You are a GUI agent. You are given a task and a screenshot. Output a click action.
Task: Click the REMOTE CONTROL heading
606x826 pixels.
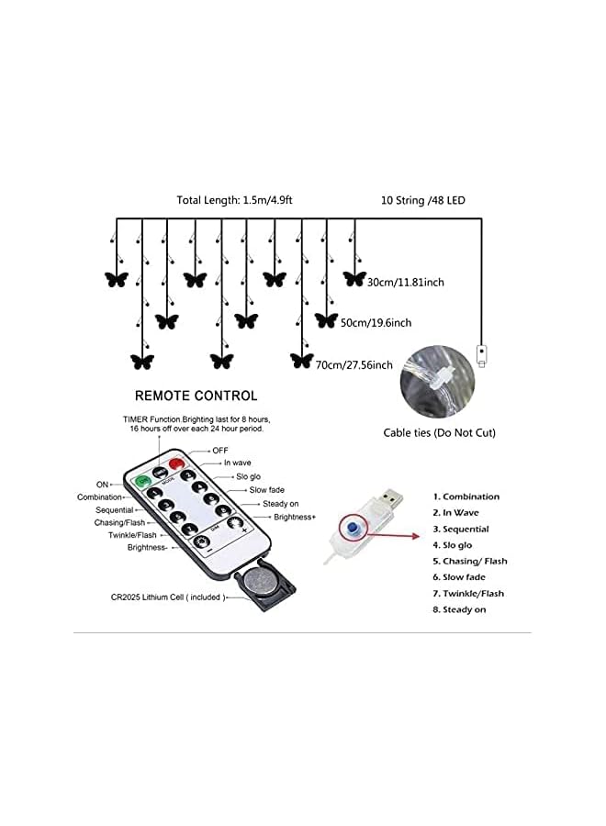point(196,396)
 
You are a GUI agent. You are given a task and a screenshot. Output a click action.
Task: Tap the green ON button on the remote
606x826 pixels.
point(143,480)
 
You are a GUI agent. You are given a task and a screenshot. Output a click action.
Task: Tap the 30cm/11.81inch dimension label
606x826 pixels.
point(405,282)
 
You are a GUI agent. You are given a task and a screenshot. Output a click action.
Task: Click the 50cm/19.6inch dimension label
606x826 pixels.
point(376,322)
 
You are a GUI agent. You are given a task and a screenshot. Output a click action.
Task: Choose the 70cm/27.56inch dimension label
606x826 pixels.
point(353,364)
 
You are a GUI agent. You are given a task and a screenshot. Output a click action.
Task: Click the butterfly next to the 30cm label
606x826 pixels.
point(354,278)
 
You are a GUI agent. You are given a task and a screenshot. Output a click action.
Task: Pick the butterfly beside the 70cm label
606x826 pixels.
point(301,361)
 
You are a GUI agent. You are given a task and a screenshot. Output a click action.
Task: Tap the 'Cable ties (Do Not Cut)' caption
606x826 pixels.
point(439,432)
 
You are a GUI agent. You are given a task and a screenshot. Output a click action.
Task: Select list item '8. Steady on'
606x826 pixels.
point(459,609)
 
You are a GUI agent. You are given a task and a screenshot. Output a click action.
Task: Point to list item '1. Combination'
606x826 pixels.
point(466,497)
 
